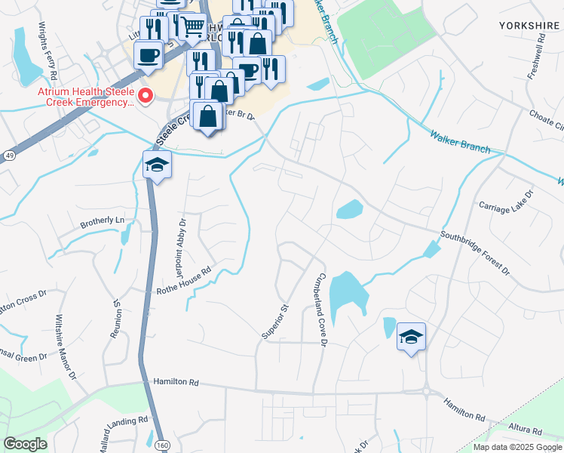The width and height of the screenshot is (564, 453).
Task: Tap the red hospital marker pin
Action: click(x=146, y=96)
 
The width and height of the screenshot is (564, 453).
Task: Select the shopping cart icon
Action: click(x=192, y=27)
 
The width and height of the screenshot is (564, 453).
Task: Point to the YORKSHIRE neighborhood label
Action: click(x=530, y=25)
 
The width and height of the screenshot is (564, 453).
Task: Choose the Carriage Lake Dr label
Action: click(x=506, y=200)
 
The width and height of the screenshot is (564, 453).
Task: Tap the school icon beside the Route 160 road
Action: click(x=157, y=165)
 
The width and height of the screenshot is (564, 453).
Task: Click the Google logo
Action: click(x=25, y=443)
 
